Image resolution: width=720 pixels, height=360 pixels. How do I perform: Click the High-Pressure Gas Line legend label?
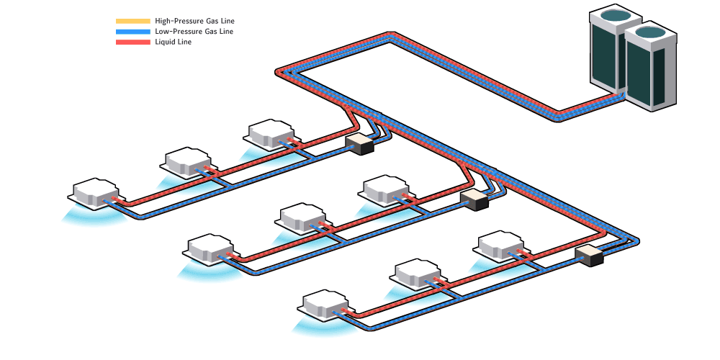(x=194, y=22)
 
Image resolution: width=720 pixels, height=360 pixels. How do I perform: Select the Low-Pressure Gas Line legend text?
(x=194, y=32)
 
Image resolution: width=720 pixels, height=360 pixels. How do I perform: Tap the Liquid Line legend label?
(x=173, y=42)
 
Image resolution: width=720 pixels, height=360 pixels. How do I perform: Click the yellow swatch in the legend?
(x=132, y=22)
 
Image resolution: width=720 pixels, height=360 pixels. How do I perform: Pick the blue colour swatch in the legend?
(x=132, y=32)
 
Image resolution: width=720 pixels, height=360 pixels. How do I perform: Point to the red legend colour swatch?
(x=132, y=42)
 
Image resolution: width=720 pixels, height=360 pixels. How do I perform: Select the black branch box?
(x=360, y=144)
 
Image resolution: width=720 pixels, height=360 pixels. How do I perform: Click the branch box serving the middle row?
(x=474, y=199)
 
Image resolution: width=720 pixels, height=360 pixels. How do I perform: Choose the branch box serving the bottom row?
(x=589, y=255)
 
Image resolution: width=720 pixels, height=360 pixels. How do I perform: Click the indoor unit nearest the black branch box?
(x=271, y=135)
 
